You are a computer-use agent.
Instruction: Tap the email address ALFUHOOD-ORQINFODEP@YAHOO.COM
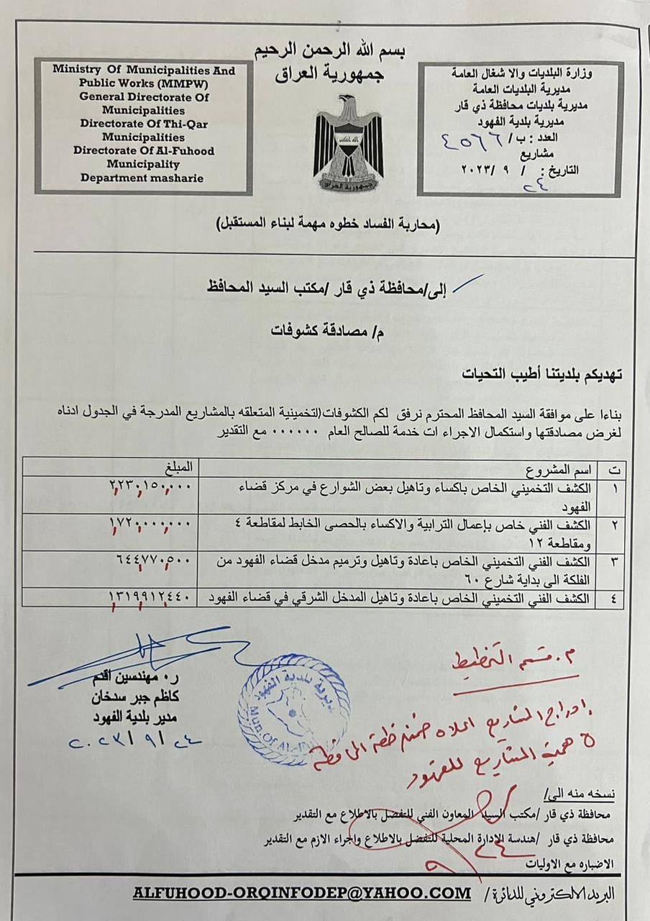coord(301,893)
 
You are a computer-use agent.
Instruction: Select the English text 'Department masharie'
coord(141,178)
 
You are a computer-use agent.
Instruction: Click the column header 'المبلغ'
coord(179,468)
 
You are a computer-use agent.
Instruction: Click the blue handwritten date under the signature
coord(135,740)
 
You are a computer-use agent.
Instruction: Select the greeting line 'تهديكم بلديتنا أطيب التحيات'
coord(544,375)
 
